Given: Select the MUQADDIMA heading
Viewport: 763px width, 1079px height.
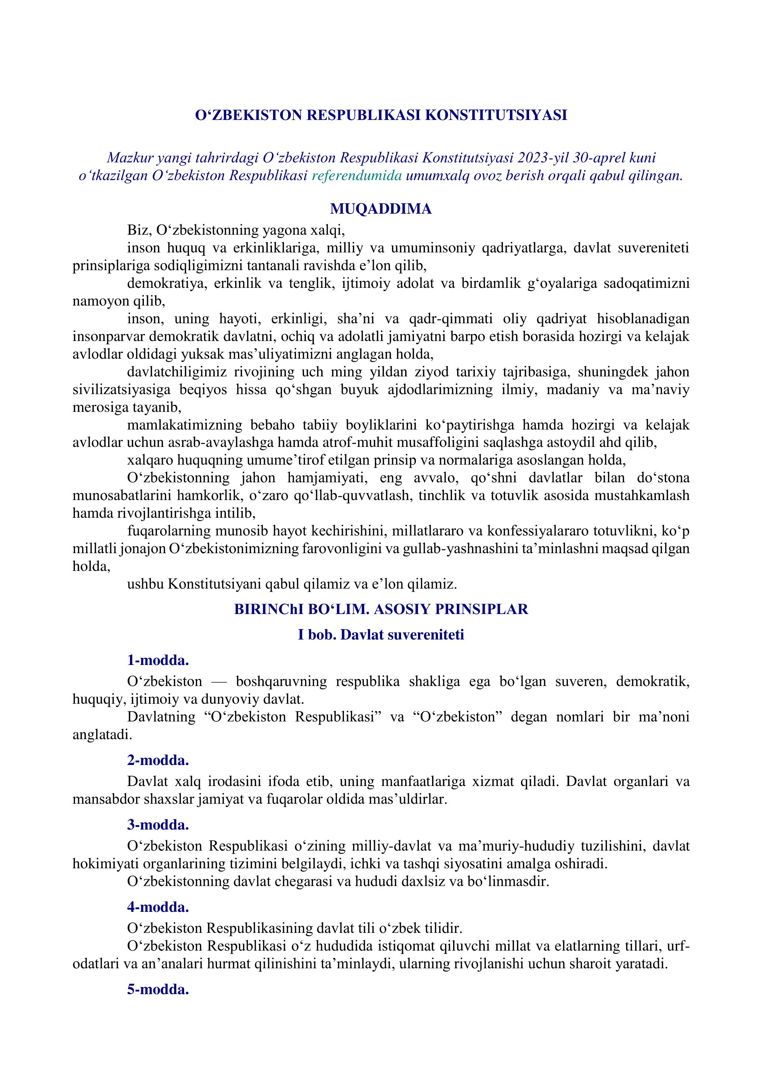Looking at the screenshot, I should [x=381, y=208].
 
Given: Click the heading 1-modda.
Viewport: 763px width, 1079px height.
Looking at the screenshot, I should [x=158, y=660].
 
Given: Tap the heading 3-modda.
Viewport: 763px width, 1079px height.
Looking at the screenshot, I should [x=158, y=825].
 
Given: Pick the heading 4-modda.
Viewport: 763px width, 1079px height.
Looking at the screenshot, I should [x=158, y=907].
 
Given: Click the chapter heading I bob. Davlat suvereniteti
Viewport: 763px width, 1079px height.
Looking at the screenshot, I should [x=381, y=635].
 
